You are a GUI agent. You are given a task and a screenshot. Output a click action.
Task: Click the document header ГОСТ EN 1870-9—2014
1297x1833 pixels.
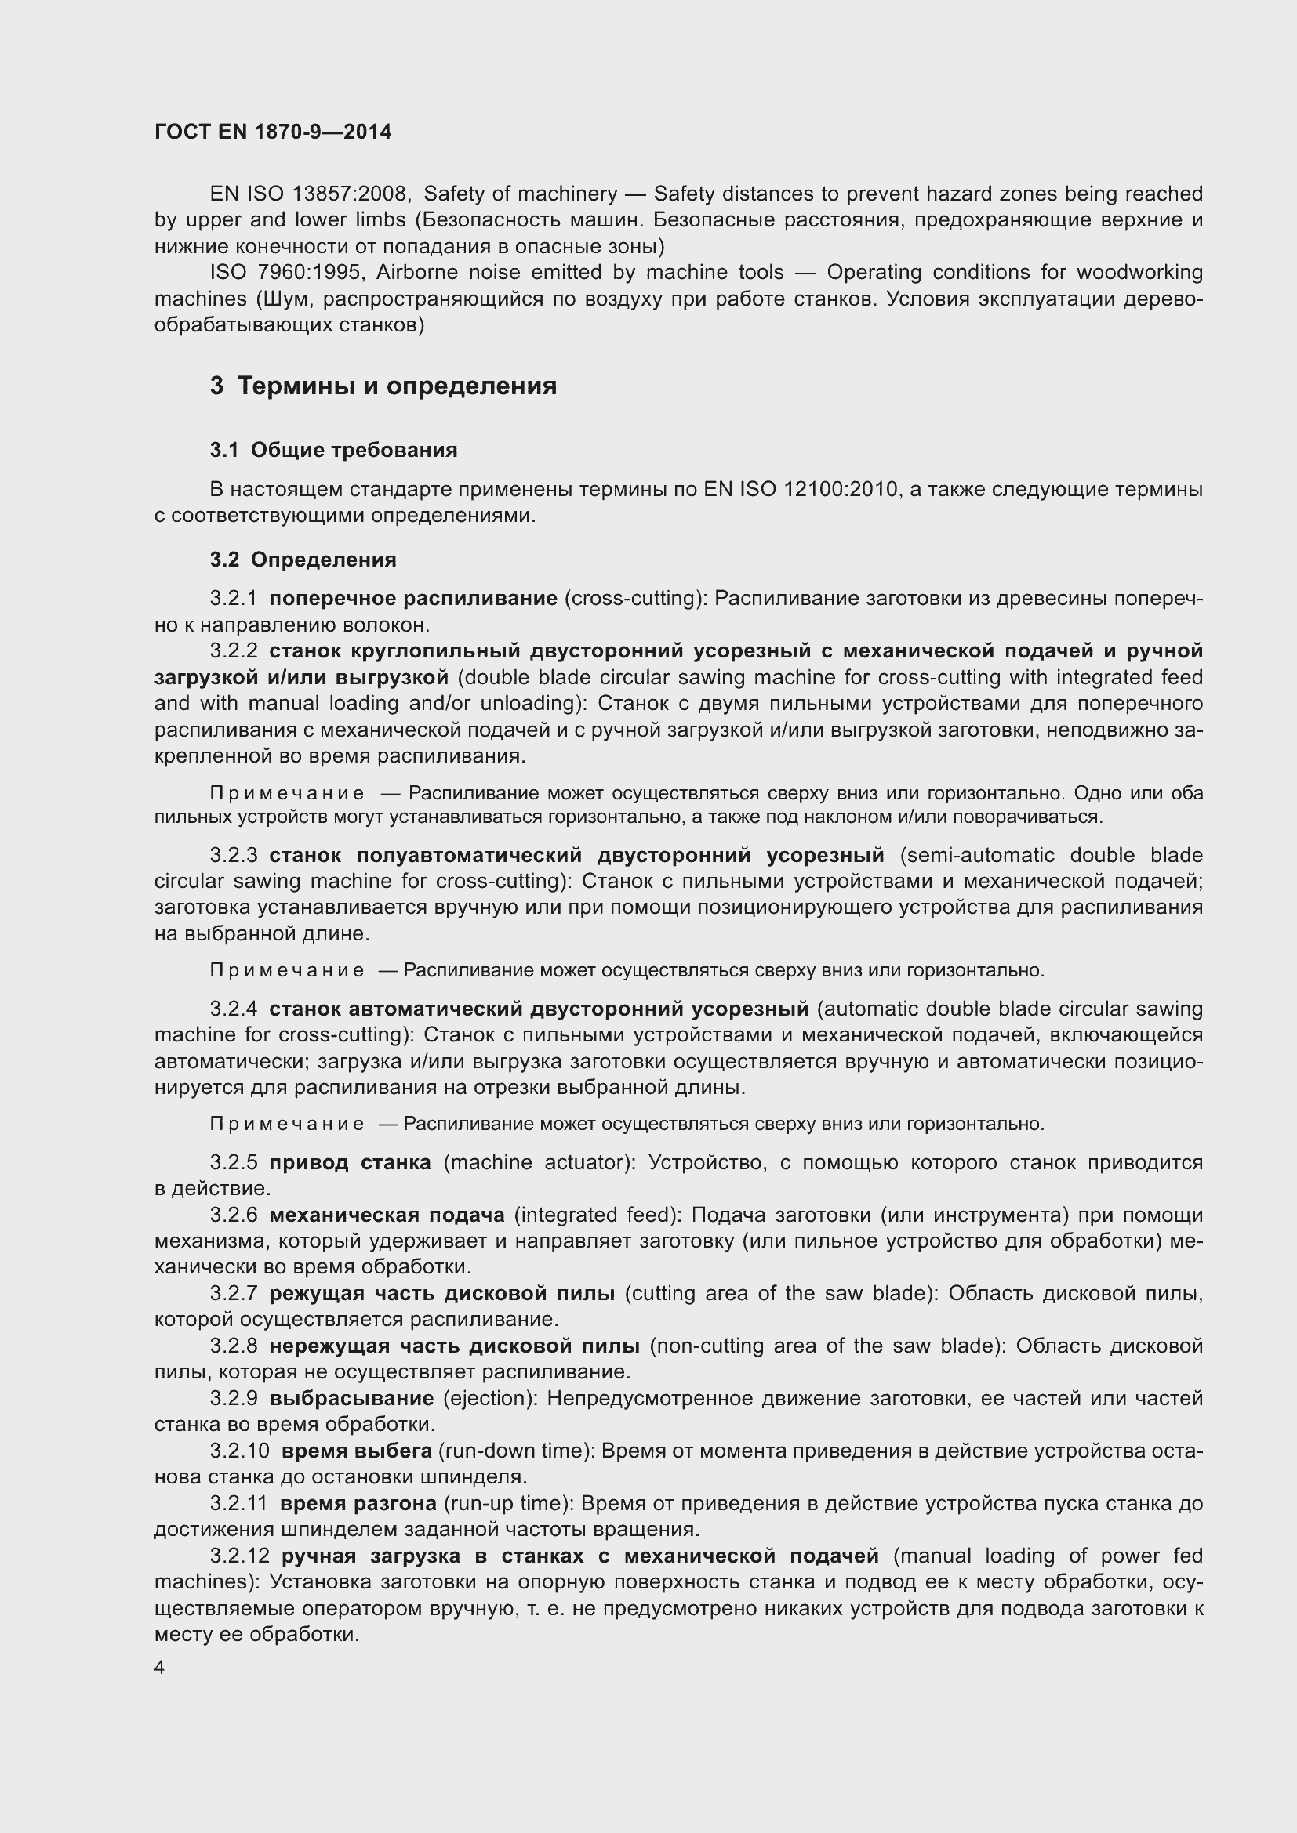tap(273, 132)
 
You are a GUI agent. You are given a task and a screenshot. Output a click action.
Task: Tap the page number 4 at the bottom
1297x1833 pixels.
tap(160, 1668)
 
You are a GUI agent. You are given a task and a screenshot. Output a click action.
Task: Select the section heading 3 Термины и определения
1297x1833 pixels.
tap(383, 386)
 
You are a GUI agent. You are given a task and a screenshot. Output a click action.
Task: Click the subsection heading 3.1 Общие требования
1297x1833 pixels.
tap(334, 451)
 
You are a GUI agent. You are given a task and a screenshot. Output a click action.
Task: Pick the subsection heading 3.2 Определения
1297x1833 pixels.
tap(303, 560)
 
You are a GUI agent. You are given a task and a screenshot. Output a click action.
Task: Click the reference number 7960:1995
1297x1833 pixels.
tap(311, 273)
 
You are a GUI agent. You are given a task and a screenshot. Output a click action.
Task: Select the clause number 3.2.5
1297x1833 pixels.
tap(234, 1162)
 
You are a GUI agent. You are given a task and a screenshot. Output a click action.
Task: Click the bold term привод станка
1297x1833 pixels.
tap(350, 1162)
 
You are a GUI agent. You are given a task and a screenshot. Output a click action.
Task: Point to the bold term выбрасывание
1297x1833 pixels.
tap(351, 1399)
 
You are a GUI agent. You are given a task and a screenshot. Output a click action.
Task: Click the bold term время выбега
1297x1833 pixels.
tap(357, 1451)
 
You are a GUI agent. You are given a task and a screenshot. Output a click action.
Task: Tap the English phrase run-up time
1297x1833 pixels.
tap(509, 1503)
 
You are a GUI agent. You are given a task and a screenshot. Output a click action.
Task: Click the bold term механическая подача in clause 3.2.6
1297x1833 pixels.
tap(387, 1215)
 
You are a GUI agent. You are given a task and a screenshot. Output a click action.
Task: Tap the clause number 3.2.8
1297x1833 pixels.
tap(234, 1346)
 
